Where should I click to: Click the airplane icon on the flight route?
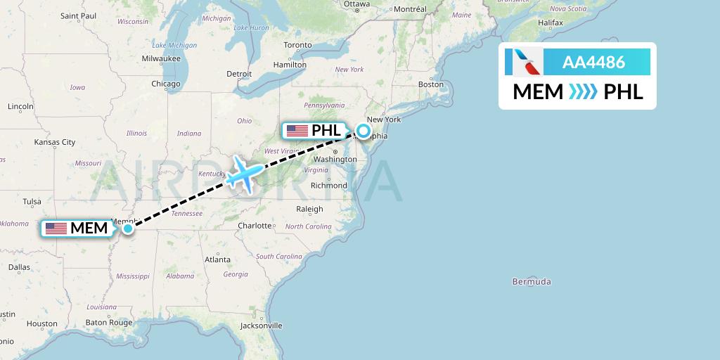[243, 173]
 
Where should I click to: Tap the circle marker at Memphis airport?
[128, 228]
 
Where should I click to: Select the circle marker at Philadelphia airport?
[364, 130]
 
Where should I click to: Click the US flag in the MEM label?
[56, 229]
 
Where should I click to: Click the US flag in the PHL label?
[297, 131]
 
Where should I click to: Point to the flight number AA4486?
[593, 63]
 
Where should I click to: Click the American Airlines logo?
[524, 63]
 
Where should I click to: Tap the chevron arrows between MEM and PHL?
[583, 92]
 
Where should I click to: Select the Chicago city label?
[165, 84]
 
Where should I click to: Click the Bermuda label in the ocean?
[531, 282]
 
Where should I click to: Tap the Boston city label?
[431, 84]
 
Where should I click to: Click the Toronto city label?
[297, 45]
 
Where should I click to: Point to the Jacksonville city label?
[261, 326]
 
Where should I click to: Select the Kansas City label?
[54, 142]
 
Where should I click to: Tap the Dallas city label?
[19, 267]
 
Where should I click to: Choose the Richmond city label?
[329, 186]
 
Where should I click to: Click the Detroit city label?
[239, 74]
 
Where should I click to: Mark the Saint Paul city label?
[79, 15]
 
